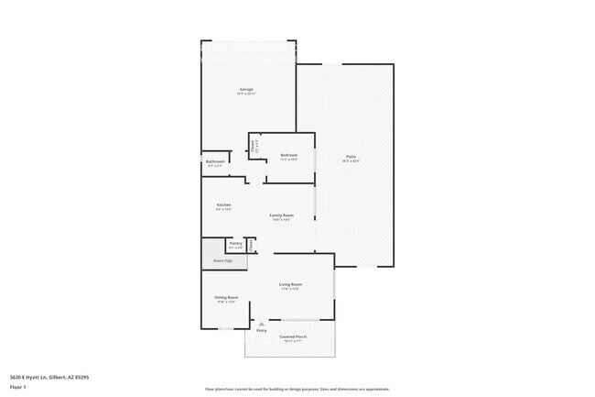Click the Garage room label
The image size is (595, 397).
245,89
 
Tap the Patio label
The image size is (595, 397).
351,156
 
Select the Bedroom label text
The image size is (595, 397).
288,155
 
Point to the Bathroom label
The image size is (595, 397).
215,161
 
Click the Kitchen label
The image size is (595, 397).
223,204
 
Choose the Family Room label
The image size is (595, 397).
281,215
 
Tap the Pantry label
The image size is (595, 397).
235,243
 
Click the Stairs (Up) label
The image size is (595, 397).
222,260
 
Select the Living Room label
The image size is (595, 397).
290,284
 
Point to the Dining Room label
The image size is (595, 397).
226,297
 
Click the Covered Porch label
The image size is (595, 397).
293,336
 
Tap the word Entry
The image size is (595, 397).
262,330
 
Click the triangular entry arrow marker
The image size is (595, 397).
262,324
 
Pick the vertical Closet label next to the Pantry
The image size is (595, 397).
252,245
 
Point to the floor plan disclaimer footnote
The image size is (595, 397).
297,390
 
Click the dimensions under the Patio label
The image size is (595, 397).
351,161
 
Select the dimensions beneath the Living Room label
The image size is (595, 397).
290,290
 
